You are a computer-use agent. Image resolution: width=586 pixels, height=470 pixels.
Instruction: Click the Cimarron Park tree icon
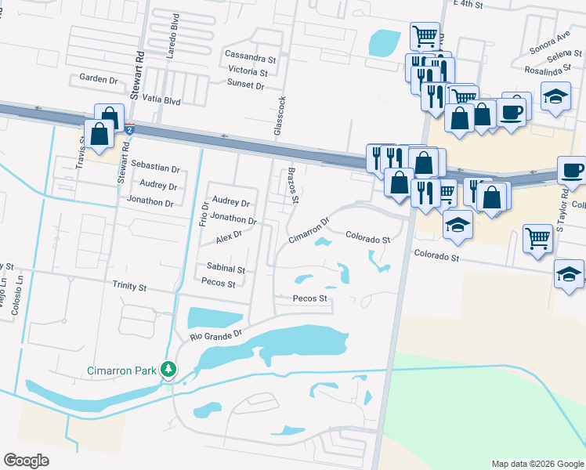click(x=167, y=368)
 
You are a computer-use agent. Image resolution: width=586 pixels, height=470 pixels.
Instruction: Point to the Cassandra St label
click(x=251, y=57)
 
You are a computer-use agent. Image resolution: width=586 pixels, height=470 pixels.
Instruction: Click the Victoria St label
click(x=248, y=71)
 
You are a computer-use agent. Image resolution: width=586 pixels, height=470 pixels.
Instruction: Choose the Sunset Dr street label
click(x=245, y=85)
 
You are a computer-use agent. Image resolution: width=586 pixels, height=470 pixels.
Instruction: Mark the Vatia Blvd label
click(x=162, y=102)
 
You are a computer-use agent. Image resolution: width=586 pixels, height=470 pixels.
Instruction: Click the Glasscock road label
click(x=278, y=116)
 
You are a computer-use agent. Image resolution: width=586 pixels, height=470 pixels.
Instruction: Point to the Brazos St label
click(x=293, y=185)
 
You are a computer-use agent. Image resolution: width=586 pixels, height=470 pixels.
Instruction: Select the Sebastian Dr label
click(x=155, y=168)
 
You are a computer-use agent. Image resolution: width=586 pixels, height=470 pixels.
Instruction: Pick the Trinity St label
click(x=129, y=287)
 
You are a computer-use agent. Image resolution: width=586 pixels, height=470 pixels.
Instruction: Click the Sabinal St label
click(x=226, y=268)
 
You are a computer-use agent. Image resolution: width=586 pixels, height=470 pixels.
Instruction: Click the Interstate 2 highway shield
click(x=130, y=128)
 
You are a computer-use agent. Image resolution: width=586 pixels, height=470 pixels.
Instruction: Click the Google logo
click(x=26, y=461)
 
